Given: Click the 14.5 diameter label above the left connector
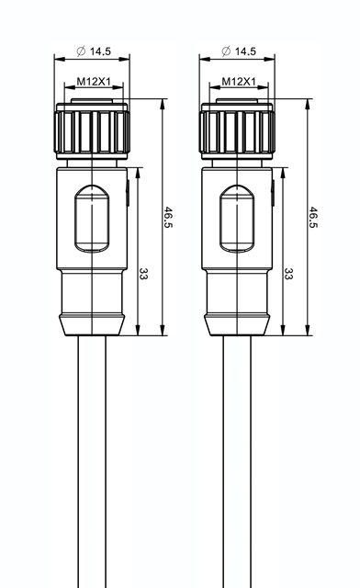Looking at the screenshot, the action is tap(100, 51).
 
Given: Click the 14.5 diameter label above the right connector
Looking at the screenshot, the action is tap(245, 51).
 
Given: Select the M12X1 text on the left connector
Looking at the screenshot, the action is tap(94, 82).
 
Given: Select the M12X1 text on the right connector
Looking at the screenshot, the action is tap(239, 82).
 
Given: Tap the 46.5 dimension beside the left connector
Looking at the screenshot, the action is tap(169, 217).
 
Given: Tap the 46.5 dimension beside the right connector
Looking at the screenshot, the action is tap(314, 217).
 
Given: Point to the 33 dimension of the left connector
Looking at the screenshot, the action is tap(143, 274).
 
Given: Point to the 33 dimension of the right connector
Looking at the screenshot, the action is tap(288, 274).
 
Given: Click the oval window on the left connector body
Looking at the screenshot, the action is tap(92, 219).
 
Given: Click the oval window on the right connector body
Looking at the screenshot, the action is tap(237, 219).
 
